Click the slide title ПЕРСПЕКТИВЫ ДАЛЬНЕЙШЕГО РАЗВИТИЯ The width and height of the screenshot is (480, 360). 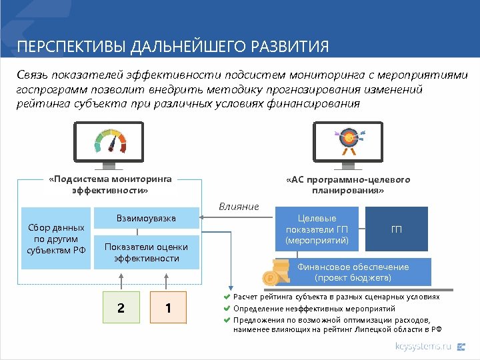[173, 47]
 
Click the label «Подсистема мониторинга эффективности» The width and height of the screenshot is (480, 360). [111, 184]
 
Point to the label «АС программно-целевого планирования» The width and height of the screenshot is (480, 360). [347, 185]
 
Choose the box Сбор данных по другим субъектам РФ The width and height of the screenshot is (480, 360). [55, 239]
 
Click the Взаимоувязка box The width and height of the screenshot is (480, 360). [146, 219]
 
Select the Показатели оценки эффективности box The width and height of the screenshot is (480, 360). [146, 252]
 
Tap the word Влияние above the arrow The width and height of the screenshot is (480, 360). [239, 206]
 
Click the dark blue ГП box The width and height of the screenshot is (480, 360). [397, 229]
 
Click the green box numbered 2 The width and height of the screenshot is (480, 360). [121, 308]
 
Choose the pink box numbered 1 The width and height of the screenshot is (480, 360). [169, 308]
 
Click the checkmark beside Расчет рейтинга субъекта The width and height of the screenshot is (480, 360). [227, 297]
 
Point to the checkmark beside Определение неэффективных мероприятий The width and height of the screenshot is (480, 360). [227, 309]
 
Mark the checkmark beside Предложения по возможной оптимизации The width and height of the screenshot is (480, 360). [227, 319]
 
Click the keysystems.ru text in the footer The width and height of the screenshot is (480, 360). [423, 346]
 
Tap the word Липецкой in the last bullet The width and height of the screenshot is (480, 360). [379, 329]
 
